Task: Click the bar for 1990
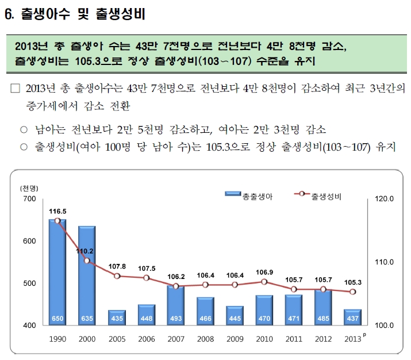[57, 270]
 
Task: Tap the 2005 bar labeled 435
[117, 317]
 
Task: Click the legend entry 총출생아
[248, 196]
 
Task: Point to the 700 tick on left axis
[29, 199]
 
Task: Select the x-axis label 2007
[176, 339]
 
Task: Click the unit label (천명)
[29, 189]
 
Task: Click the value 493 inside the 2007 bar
[176, 319]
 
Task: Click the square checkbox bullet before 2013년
[16, 89]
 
